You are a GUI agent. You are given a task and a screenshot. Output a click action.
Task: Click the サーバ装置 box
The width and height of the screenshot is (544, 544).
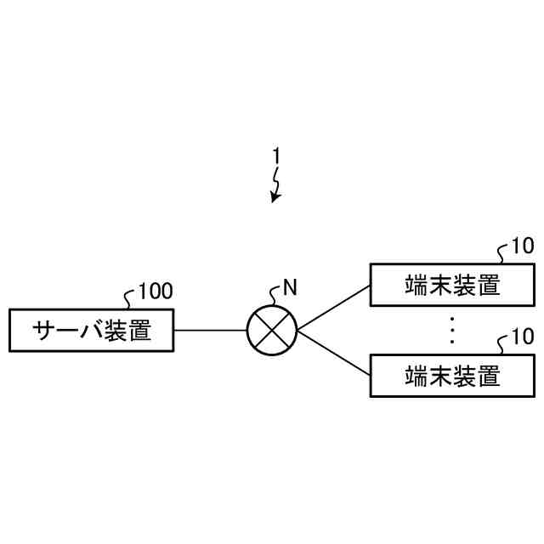click(x=91, y=331)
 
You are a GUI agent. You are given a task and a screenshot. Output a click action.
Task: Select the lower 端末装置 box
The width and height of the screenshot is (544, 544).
click(x=452, y=374)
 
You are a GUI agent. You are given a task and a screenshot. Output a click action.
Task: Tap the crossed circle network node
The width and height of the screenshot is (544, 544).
click(x=272, y=331)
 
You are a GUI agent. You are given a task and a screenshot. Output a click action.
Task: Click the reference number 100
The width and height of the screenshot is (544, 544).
click(x=156, y=292)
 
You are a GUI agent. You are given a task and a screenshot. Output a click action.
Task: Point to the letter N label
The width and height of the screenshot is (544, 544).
click(x=290, y=287)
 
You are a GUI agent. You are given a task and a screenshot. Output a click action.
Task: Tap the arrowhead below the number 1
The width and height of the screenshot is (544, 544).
click(x=275, y=198)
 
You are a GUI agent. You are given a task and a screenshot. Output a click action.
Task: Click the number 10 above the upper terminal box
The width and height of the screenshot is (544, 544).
click(x=523, y=247)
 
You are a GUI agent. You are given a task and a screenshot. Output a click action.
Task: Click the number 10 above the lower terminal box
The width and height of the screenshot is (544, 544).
click(x=523, y=337)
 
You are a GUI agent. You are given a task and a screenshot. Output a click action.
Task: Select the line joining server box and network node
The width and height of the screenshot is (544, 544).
click(x=210, y=331)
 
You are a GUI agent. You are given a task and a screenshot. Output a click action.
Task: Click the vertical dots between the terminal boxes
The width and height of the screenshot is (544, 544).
click(x=452, y=330)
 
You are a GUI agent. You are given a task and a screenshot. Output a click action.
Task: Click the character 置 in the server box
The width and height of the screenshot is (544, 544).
click(x=139, y=331)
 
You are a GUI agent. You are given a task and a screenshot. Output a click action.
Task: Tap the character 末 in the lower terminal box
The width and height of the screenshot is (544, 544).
click(x=440, y=374)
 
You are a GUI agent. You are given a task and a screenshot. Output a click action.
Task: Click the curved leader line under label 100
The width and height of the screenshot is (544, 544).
click(x=130, y=300)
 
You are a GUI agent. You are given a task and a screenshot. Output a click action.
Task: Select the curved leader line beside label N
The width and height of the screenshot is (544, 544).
click(x=274, y=297)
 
